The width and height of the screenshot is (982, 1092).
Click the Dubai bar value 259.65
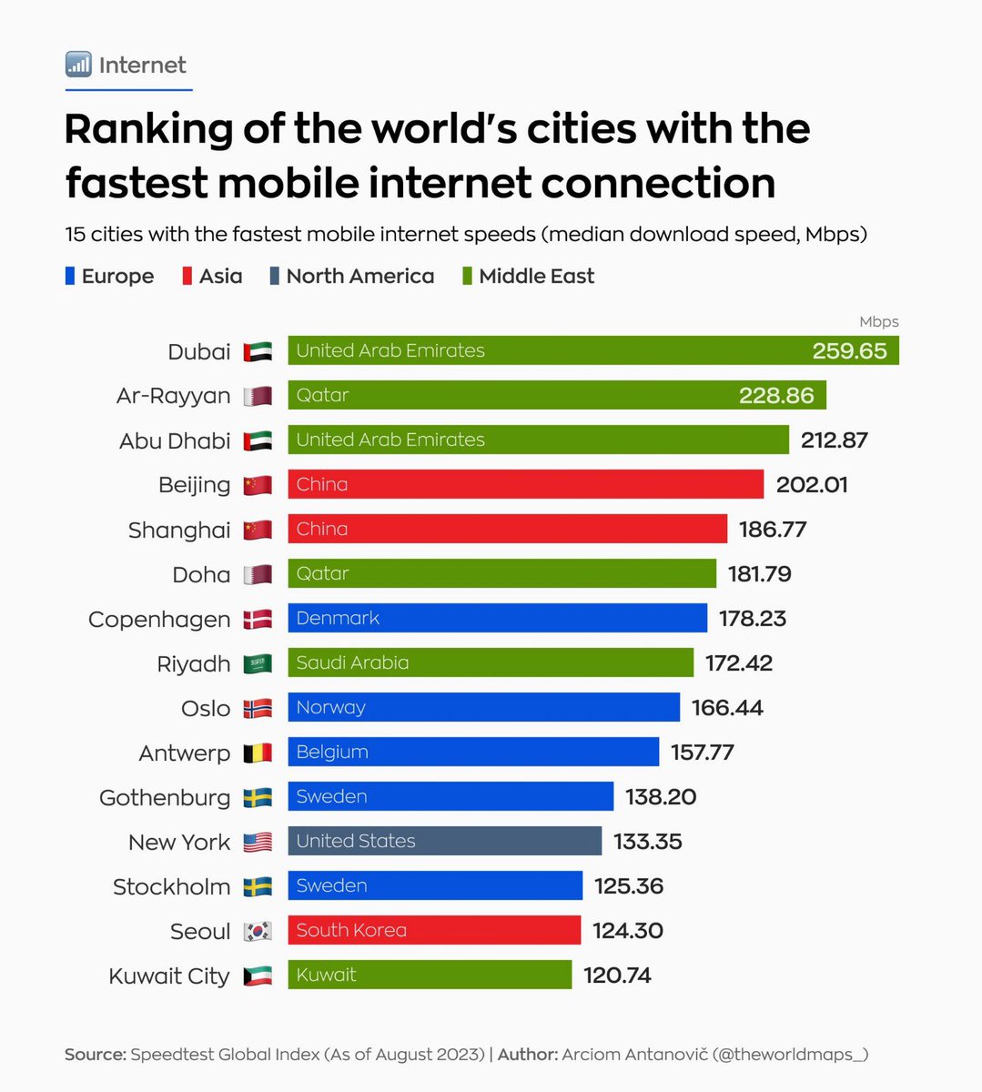click(x=848, y=351)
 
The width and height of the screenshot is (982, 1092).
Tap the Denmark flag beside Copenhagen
click(x=258, y=620)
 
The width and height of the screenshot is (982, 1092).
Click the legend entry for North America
click(x=359, y=276)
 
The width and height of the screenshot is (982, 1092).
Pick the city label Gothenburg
click(x=165, y=797)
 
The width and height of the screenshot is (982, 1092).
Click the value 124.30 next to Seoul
click(x=627, y=930)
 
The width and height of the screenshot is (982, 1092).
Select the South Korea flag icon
click(x=258, y=931)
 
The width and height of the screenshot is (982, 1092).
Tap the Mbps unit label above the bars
click(x=878, y=321)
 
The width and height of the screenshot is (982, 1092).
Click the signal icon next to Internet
click(x=78, y=65)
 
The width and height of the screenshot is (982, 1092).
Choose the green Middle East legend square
click(x=467, y=276)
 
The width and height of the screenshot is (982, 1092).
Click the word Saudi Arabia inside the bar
click(x=352, y=662)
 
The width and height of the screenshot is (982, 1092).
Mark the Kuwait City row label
click(x=169, y=976)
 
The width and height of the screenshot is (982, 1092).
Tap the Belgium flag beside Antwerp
click(x=258, y=753)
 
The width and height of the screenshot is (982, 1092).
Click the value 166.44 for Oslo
click(x=726, y=707)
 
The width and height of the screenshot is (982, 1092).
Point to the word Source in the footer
click(x=95, y=1054)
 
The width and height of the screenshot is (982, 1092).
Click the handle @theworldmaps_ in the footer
click(x=790, y=1054)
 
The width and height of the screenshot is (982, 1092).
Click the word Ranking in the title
click(x=148, y=128)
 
